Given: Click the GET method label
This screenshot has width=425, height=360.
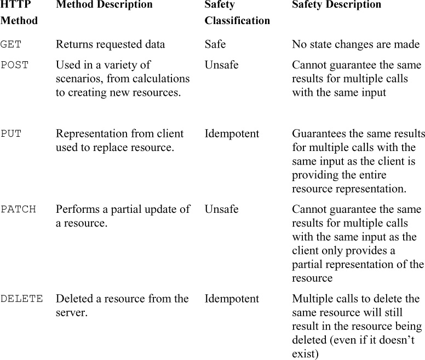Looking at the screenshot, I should [x=11, y=45].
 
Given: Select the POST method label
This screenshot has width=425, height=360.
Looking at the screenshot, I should [x=14, y=65].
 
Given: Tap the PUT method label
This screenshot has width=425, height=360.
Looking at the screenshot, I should [x=11, y=134].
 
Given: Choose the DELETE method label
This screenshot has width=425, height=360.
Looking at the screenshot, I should [x=21, y=299].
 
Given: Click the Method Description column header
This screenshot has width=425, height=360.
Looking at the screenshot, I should [x=104, y=5].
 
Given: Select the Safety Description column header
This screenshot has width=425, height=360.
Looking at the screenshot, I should [x=336, y=5].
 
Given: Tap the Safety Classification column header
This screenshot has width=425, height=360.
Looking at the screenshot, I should [x=237, y=13].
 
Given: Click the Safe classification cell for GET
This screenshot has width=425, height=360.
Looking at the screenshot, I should [x=215, y=45].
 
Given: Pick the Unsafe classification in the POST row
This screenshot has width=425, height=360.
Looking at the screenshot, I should [x=221, y=65].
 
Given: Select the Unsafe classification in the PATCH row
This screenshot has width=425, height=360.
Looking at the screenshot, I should [x=221, y=210].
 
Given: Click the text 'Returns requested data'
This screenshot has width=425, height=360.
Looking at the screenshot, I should [x=110, y=45].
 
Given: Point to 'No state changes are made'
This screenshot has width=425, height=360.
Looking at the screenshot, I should [x=355, y=45].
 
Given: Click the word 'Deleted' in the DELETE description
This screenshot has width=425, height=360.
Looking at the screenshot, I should [x=73, y=299].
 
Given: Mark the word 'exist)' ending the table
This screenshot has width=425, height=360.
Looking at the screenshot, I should [x=305, y=354].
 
